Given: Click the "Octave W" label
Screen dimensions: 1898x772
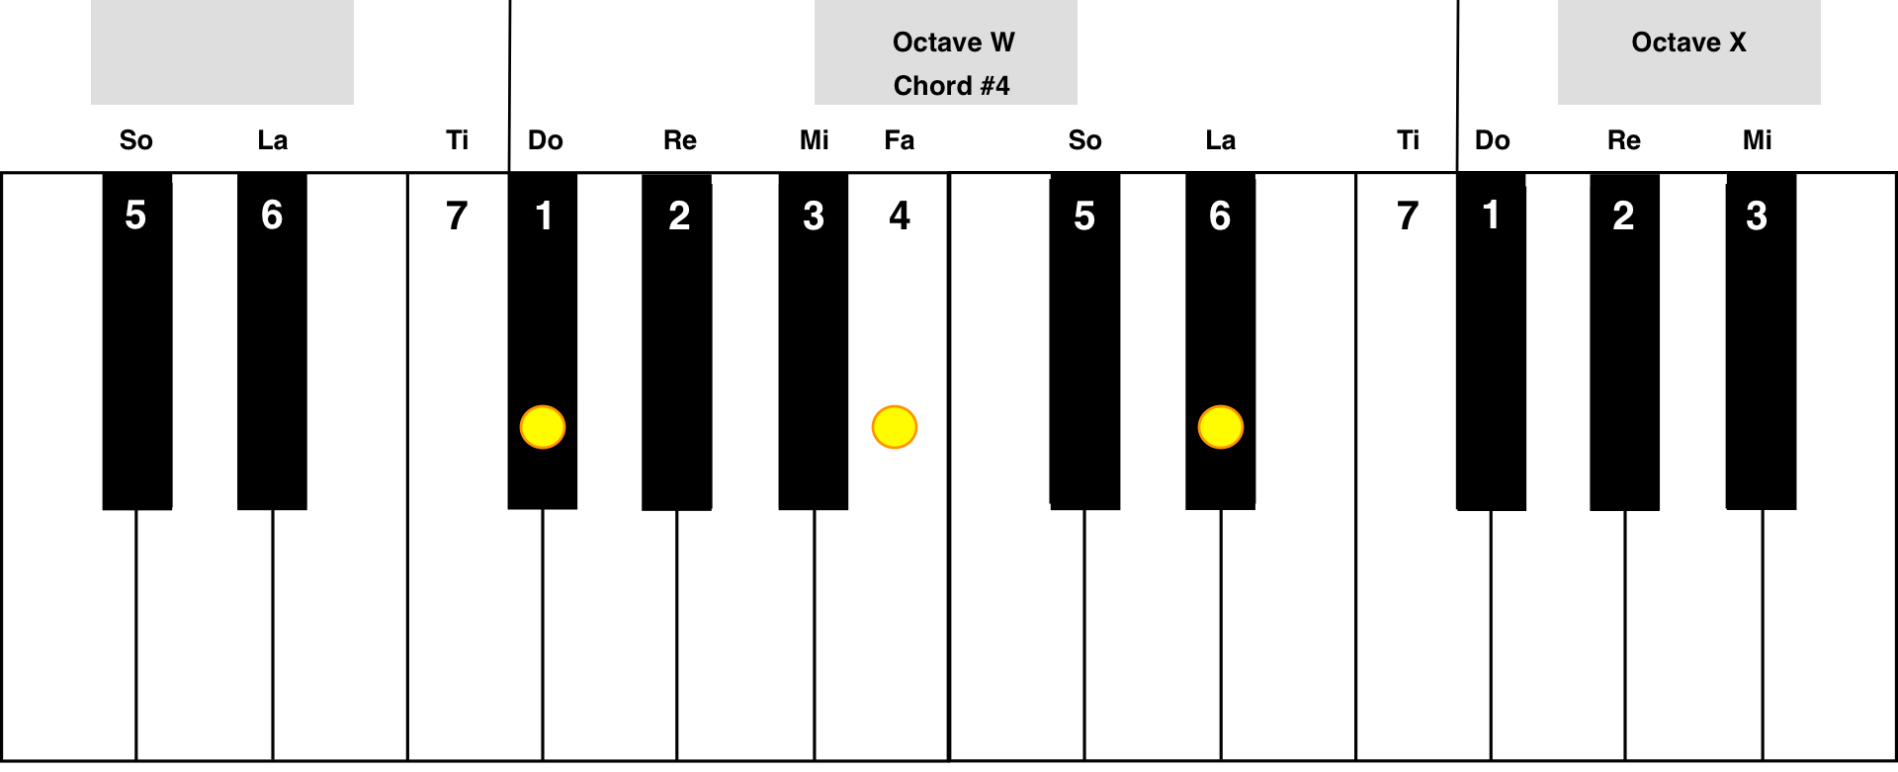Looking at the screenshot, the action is (953, 43).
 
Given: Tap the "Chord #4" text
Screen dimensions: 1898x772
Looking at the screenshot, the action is (951, 86).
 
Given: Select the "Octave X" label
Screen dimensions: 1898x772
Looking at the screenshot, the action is (1688, 43).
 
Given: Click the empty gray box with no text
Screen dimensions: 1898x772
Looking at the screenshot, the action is (222, 52).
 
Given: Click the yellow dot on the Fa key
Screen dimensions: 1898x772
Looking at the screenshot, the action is (895, 427).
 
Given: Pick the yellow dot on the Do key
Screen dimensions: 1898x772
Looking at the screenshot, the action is (543, 427).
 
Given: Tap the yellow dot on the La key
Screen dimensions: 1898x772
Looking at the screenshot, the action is (1221, 427).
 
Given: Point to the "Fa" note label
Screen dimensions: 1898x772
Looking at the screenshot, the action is (900, 140).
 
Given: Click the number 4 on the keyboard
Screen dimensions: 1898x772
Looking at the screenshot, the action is (900, 215).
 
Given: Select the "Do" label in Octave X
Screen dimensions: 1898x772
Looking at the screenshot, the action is (1493, 140).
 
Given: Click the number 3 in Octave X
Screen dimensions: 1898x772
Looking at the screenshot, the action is (1757, 215).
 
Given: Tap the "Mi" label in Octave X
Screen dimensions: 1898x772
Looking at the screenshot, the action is (1758, 140).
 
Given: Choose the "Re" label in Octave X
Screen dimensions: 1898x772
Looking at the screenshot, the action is (1624, 140).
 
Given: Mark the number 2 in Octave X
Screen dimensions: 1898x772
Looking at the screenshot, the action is (1623, 215).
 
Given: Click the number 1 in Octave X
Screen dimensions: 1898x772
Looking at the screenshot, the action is (1491, 215).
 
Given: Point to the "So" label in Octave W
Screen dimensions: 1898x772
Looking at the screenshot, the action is (1084, 140).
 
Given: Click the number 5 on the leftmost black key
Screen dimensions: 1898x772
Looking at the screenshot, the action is (135, 215).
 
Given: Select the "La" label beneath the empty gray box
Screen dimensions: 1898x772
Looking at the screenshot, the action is (272, 140).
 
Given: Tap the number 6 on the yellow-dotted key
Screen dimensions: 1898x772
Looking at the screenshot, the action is (1220, 215).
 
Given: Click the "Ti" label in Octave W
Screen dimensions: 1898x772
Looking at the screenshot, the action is (1409, 140).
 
